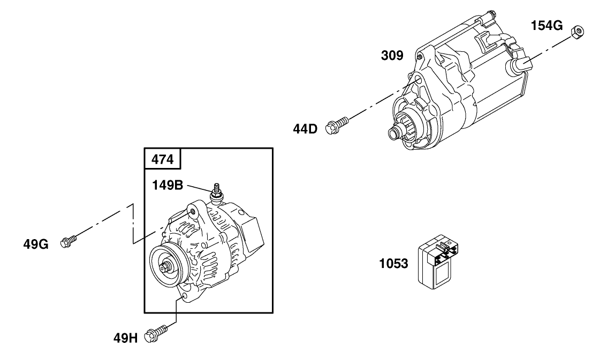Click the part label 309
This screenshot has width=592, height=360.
pos(392,56)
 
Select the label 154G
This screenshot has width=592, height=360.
pos(547,25)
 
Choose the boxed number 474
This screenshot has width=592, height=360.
pos(163,159)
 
